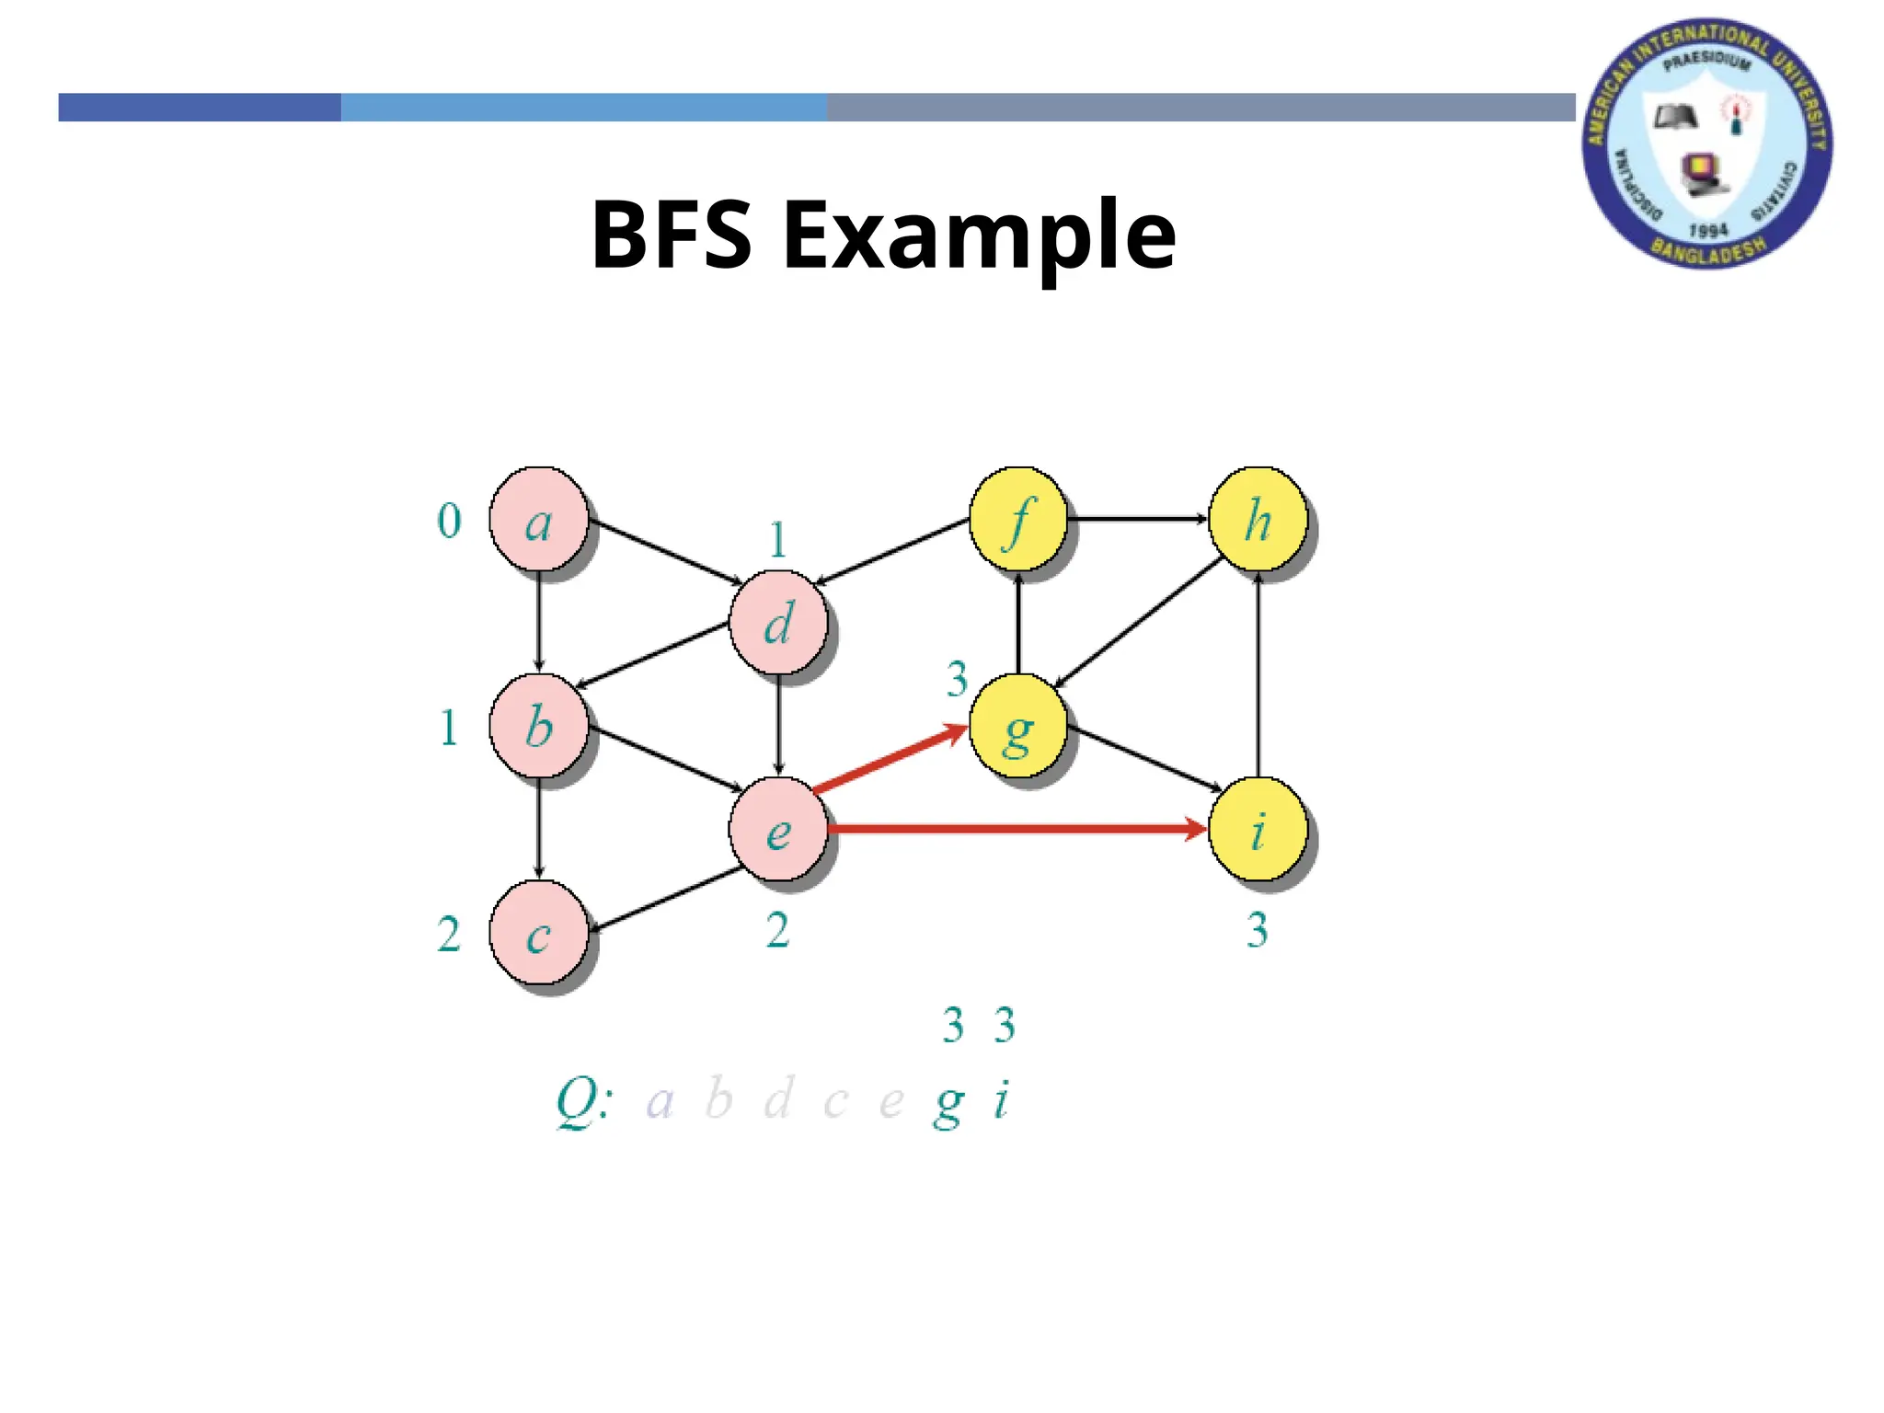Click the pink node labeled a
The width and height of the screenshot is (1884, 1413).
tap(539, 520)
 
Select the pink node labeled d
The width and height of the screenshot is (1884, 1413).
tap(778, 623)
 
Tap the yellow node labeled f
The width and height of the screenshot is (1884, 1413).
tap(1018, 520)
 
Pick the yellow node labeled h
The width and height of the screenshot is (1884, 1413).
tap(1258, 520)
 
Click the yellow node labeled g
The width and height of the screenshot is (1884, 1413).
tap(1018, 727)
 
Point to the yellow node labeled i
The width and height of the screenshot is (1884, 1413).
tap(1258, 830)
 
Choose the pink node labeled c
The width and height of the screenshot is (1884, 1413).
tap(539, 934)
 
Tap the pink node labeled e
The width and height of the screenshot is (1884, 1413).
tap(778, 830)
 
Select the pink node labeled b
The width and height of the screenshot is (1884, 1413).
tap(539, 727)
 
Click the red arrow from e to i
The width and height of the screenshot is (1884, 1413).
tap(1012, 829)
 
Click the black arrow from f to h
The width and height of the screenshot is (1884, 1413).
tap(1137, 520)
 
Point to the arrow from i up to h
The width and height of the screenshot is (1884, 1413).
tap(1258, 676)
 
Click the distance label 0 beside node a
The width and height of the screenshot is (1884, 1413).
tap(449, 522)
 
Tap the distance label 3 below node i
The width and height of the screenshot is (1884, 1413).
tap(1258, 930)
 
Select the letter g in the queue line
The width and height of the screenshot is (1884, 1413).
tap(948, 1102)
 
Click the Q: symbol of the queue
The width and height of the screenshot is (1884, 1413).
tap(583, 1100)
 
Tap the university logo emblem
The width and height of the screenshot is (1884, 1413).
tap(1706, 144)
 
